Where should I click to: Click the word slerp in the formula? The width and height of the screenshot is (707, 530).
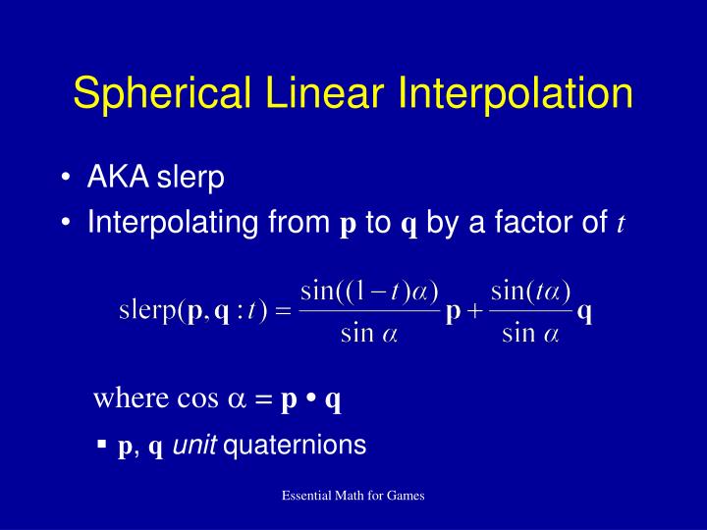(x=148, y=313)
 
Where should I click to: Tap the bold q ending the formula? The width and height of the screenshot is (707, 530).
(x=584, y=313)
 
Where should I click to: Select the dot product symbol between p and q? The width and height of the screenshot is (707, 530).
(x=310, y=399)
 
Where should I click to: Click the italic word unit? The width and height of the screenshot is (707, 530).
(x=195, y=446)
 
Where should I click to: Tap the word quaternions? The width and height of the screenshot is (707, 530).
(x=296, y=446)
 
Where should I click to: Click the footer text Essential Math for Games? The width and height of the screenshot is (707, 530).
(x=353, y=497)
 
